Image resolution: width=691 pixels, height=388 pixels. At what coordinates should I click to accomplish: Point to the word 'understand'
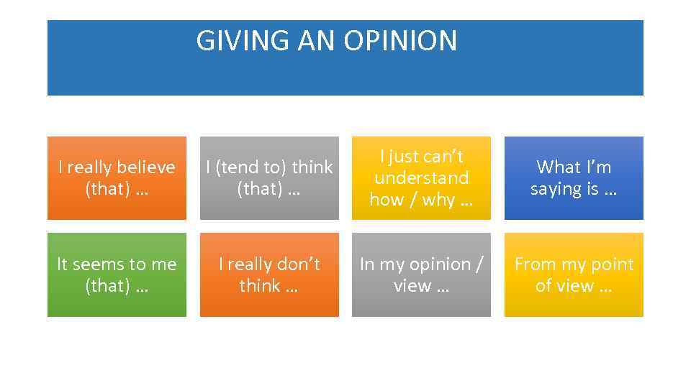tap(421, 177)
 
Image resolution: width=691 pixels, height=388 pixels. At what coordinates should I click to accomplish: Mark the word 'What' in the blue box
tap(554, 167)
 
